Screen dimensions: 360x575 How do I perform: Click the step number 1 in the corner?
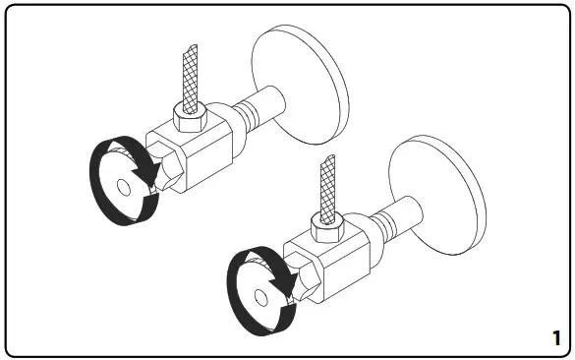pyautogui.click(x=557, y=337)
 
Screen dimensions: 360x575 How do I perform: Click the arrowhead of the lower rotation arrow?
pyautogui.click(x=288, y=285)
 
